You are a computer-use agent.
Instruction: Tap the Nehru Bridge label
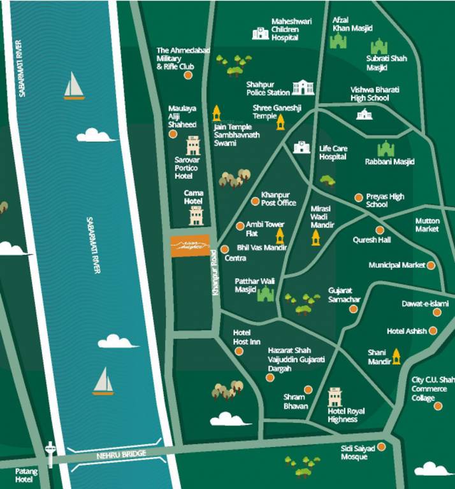point(121,454)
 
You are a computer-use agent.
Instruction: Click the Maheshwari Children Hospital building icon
point(260,34)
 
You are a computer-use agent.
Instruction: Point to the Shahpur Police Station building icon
point(303,88)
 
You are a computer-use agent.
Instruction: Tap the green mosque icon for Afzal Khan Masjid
point(337,41)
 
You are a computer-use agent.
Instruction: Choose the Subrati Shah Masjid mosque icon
point(379,46)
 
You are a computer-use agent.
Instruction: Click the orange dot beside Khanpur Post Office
point(256,202)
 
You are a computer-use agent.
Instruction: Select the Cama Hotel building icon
point(196,215)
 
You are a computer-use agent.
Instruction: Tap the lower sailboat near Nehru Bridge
point(103,381)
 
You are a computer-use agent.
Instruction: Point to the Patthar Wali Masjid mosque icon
point(265,294)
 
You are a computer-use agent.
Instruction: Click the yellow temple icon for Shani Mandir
point(396,356)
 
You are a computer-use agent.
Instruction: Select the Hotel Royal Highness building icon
point(335,397)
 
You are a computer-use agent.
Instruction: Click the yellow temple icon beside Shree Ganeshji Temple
point(280,122)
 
